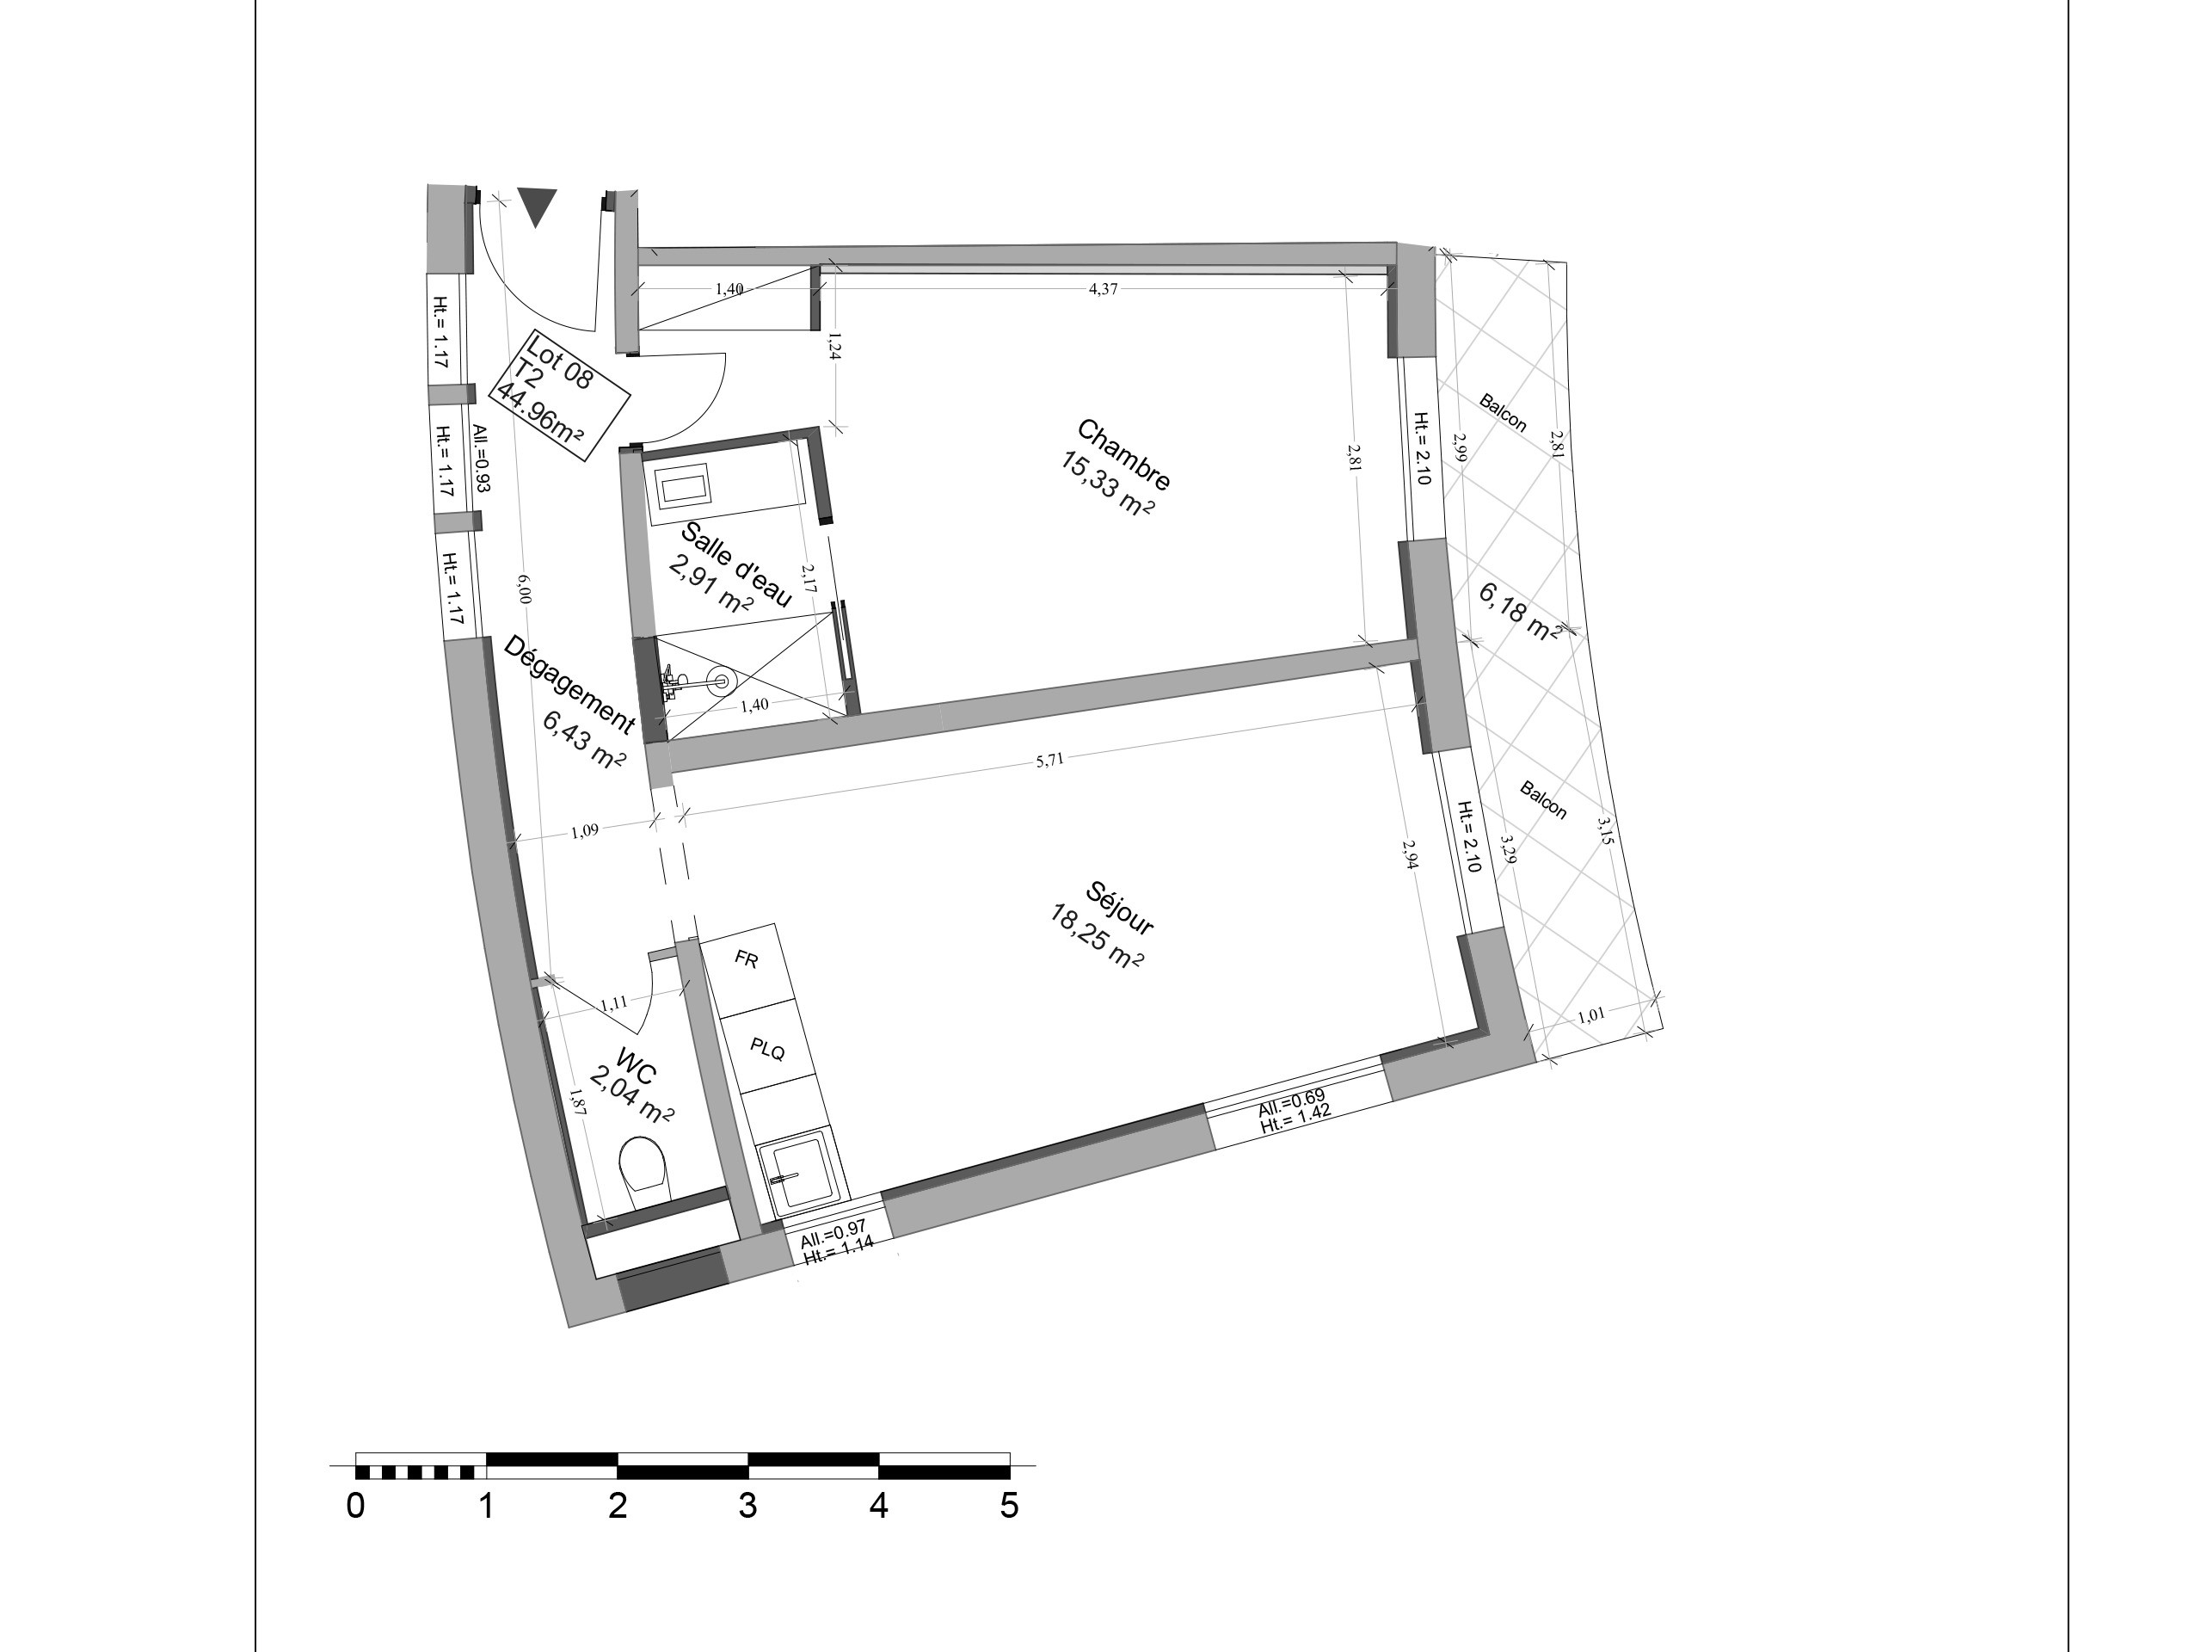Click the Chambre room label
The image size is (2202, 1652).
coord(1125,456)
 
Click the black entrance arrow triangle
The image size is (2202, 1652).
coord(538,207)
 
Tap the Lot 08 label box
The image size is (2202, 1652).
coord(563,394)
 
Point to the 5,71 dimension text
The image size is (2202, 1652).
coord(1050,760)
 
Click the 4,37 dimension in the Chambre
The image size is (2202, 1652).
coord(1103,289)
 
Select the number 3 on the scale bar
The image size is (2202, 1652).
coord(747,1507)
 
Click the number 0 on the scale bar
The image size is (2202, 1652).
coord(355,1507)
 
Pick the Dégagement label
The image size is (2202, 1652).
coord(569,685)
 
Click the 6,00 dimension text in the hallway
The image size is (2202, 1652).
coord(525,589)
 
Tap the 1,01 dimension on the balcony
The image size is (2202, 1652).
coord(1593,1015)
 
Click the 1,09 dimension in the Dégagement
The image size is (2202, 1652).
coord(586,830)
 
